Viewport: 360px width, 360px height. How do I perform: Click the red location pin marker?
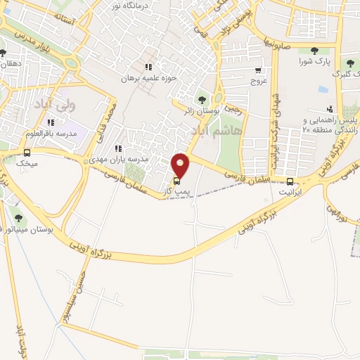click(181, 165)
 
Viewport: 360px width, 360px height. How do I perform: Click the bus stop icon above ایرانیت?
click(290, 179)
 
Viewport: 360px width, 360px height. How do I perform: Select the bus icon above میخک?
click(27, 153)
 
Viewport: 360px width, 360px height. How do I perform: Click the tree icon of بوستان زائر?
click(202, 99)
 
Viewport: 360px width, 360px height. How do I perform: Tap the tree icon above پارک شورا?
click(313, 50)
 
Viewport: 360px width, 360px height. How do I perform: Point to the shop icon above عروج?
click(259, 70)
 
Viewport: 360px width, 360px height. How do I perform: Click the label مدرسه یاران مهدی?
click(128, 160)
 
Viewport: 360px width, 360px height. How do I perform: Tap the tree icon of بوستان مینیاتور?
click(18, 218)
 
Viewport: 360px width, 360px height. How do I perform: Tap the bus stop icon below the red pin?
click(176, 181)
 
